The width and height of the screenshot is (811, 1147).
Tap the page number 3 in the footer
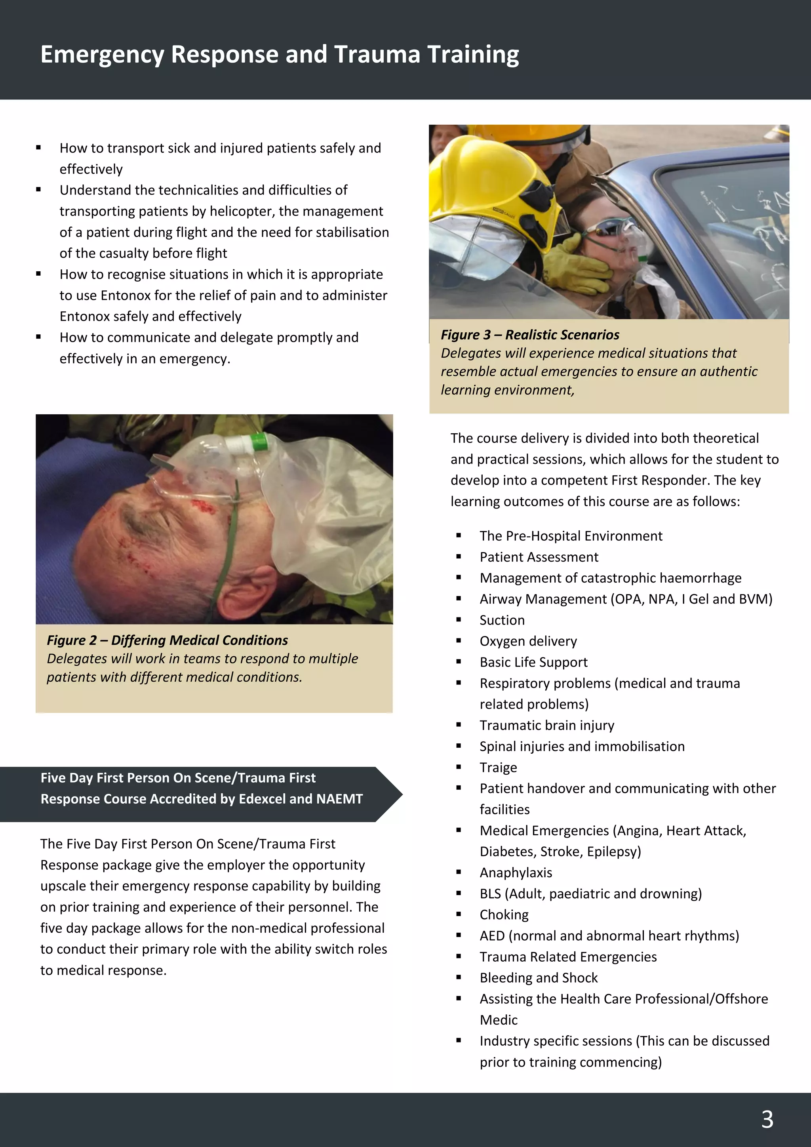(767, 1120)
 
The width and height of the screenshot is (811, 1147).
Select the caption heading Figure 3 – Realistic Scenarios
(529, 335)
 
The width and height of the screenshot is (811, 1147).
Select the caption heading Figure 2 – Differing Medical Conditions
(167, 640)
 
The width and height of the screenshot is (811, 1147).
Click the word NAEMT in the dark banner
(339, 799)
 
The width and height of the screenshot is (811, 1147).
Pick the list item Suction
(502, 620)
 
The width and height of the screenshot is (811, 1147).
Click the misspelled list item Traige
(498, 767)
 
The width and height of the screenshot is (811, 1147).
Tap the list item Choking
(504, 915)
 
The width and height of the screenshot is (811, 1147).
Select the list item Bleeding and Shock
(538, 977)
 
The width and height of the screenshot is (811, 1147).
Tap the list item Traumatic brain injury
(547, 725)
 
